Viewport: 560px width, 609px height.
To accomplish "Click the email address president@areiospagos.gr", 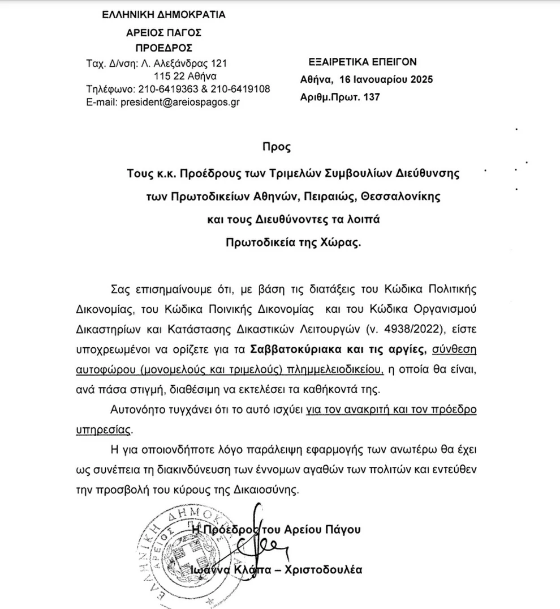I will (173, 102).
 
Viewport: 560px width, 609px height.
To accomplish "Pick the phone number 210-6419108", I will (241, 89).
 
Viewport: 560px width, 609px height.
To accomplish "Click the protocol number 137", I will (372, 97).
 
